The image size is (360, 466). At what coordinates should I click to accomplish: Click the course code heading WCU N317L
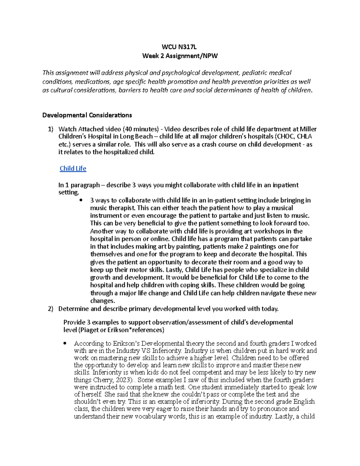tap(179, 47)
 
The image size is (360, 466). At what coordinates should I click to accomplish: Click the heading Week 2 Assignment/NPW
tap(180, 56)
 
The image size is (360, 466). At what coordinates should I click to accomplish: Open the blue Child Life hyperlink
tap(73, 169)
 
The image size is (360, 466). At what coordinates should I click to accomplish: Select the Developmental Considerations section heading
tap(87, 115)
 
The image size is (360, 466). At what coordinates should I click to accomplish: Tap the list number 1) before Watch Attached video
tap(50, 129)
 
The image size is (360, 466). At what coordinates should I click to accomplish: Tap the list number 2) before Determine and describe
tap(50, 309)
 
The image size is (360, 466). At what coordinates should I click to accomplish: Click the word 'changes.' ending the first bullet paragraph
tap(103, 301)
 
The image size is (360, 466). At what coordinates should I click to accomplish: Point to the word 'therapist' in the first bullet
tap(122, 208)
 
